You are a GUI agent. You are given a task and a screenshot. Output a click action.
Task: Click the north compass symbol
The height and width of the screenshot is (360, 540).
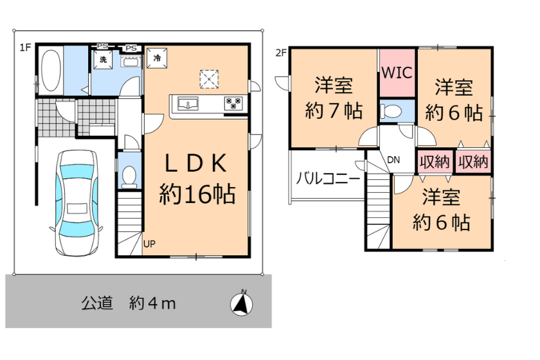click(x=242, y=304)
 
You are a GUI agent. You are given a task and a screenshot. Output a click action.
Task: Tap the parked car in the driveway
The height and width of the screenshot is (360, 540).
click(x=77, y=203)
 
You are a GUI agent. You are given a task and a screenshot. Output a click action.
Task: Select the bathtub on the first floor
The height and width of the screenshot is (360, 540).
click(x=51, y=71)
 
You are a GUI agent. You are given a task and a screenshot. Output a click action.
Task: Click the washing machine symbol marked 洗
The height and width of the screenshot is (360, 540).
click(x=103, y=59)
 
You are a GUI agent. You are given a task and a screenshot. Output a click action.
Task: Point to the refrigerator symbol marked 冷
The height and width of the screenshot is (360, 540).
click(x=157, y=59)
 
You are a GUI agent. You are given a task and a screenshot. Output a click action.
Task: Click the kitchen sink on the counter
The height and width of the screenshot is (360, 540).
click(x=188, y=104)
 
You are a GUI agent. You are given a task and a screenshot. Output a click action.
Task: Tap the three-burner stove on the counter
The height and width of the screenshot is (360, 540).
click(x=233, y=104)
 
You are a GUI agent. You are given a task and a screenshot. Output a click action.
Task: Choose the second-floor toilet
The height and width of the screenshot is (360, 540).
click(x=391, y=111)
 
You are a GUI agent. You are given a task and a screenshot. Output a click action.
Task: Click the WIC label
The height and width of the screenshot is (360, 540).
click(x=397, y=73)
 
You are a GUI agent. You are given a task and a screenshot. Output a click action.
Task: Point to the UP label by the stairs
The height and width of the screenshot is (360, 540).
click(x=149, y=244)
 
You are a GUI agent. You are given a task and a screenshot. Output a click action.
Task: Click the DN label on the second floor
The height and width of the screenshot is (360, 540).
click(x=393, y=160)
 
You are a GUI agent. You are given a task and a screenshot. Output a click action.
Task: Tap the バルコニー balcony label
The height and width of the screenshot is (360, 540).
click(x=328, y=179)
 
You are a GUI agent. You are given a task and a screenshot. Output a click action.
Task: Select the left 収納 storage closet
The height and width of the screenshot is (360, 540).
click(x=435, y=161)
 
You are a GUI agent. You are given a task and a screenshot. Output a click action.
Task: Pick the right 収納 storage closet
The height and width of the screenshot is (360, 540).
click(x=473, y=161)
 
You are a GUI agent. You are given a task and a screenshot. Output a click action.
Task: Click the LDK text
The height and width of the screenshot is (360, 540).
click(x=196, y=163)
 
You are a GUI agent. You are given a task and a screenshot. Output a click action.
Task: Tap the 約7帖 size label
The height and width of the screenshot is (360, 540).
click(x=334, y=111)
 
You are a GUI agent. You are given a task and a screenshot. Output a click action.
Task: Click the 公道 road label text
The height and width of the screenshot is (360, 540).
click(x=97, y=303)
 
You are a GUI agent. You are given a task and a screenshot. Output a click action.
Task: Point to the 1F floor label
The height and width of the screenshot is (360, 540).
click(x=25, y=47)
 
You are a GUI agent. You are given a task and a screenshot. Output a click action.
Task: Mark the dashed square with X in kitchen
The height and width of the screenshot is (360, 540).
click(x=209, y=79)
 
